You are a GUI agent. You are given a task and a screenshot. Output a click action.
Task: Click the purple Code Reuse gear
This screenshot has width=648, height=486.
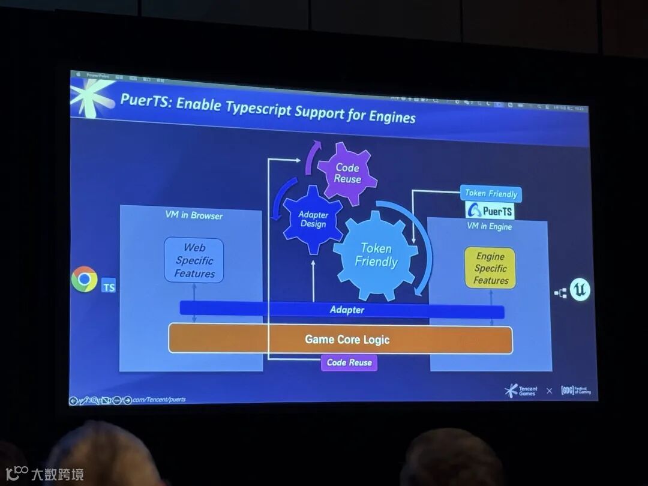pos(347,173)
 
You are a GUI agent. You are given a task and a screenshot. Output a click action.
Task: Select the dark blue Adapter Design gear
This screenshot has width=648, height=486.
pos(313,219)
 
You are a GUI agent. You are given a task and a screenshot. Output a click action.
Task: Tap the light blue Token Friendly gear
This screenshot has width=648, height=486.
pos(376,255)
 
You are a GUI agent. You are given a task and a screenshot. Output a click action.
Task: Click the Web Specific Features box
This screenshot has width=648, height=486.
pos(194,260)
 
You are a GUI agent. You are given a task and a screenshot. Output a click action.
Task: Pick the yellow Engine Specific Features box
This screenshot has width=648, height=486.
pos(490,268)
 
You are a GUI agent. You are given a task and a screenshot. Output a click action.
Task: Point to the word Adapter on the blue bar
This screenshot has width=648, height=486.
pos(347,310)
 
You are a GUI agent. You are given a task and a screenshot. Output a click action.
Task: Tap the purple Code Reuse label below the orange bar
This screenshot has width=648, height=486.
pos(349,362)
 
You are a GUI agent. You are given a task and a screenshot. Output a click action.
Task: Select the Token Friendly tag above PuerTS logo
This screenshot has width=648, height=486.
pos(491,194)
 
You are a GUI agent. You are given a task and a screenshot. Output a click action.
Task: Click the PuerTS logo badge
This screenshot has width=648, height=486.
pos(490,211)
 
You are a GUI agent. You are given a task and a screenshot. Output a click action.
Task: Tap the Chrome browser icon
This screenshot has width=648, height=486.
pos(85,279)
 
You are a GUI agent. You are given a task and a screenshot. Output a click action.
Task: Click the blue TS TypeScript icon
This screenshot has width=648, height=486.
pos(109,287)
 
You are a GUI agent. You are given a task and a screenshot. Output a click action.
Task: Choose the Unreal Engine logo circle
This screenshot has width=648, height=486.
pos(580,290)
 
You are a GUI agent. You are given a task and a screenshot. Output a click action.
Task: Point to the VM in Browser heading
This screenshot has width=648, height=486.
pos(194,215)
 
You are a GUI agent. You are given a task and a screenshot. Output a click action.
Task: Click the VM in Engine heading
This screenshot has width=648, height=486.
pos(489,226)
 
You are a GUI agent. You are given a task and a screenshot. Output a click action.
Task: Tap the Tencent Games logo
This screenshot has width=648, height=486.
pos(521,391)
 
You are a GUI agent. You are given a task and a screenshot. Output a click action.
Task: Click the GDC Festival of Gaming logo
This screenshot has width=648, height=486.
pos(575,390)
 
